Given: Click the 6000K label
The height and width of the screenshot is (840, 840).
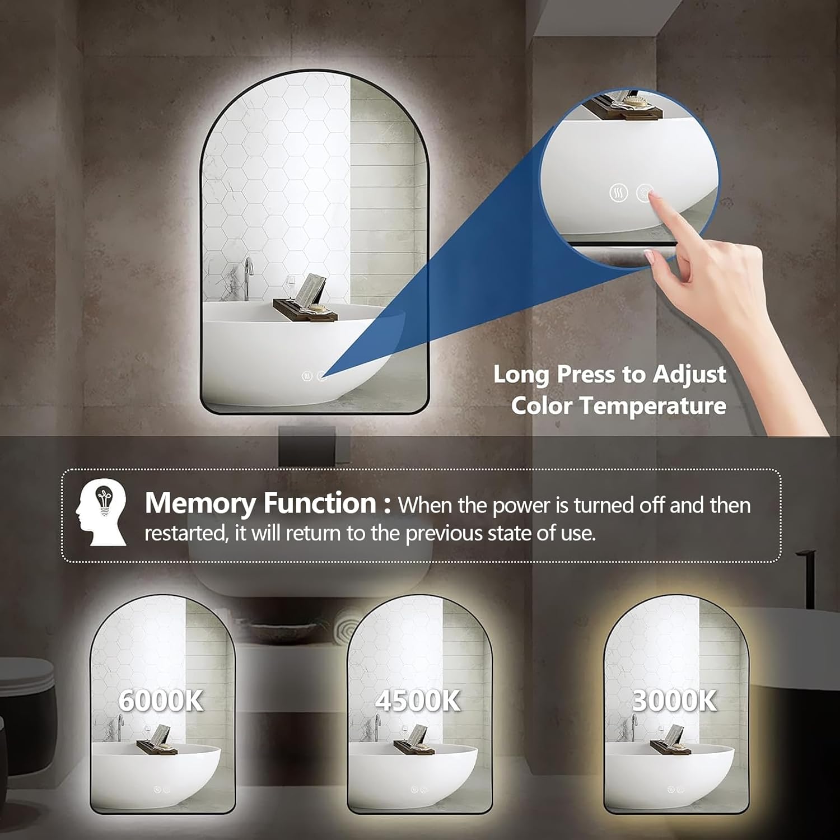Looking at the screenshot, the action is [161, 700].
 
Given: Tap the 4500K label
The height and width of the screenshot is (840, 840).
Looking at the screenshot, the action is [418, 700].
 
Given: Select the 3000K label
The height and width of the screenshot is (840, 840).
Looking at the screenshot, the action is [674, 700].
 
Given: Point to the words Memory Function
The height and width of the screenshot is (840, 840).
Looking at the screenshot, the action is [260, 503].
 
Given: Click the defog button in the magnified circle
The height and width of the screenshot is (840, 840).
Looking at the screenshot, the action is [618, 193].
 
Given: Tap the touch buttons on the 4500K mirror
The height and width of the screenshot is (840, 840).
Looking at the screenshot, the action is [418, 790].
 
